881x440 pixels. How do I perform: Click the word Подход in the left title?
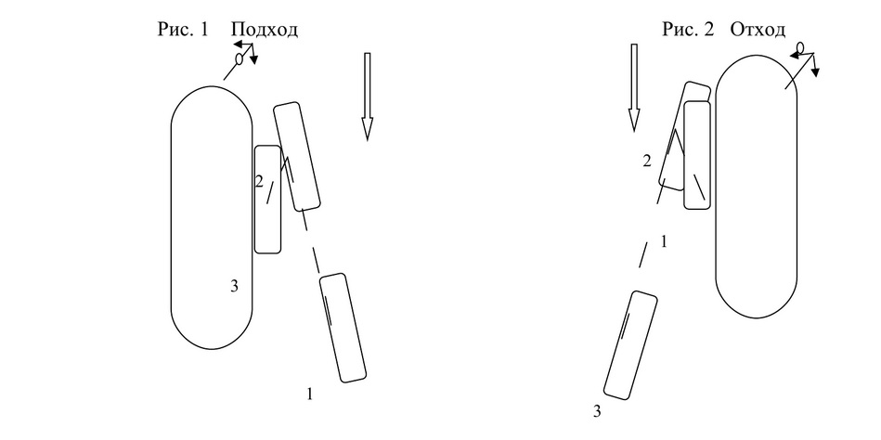point(264,29)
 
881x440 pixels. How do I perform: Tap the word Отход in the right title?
point(758,29)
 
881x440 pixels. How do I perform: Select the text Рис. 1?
point(183,29)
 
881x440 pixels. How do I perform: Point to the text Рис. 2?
point(688,29)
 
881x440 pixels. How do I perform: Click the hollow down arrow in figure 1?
point(367,96)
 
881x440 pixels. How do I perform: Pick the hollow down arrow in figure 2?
point(634,87)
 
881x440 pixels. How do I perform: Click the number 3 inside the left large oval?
point(234,286)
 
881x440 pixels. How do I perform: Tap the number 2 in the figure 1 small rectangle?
point(259,182)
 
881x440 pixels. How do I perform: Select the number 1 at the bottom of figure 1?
point(309,395)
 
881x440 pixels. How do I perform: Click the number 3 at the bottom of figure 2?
point(597,412)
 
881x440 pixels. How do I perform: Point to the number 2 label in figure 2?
point(647,162)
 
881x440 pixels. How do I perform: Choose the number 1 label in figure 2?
point(664,242)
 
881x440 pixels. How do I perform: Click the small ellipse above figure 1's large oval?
point(239,58)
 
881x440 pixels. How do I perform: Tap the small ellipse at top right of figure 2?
point(800,47)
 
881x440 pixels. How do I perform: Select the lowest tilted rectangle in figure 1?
point(343,328)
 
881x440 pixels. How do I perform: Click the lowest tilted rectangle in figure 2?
point(630,345)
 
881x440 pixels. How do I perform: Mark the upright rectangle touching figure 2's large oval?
point(697,155)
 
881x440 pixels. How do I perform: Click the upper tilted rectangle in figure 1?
point(297,156)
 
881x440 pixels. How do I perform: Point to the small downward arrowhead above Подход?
point(254,60)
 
